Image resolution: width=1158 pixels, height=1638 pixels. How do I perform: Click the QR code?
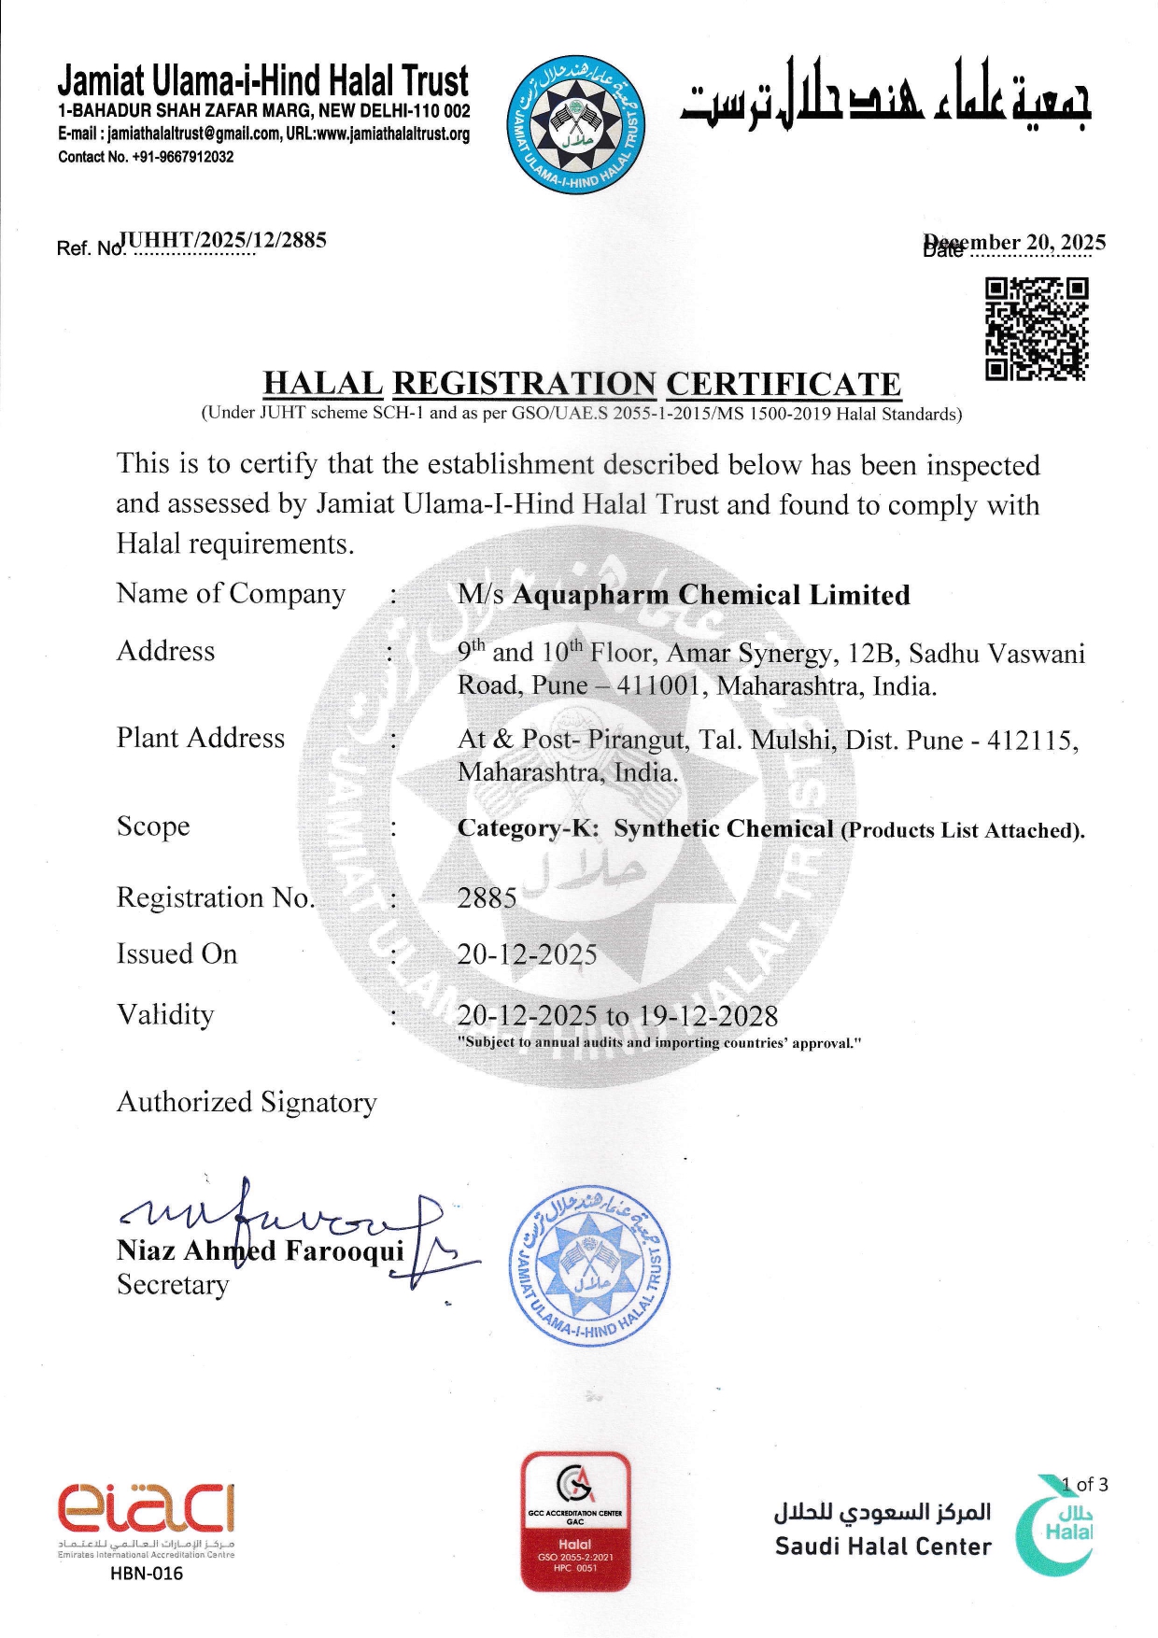pos(1037,330)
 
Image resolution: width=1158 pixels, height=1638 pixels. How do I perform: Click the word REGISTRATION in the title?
pos(524,384)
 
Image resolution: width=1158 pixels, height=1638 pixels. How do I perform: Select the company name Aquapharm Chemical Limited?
pos(711,595)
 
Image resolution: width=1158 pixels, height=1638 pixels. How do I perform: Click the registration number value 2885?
pos(487,898)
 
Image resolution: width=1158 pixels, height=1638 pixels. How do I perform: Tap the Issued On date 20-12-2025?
pos(527,954)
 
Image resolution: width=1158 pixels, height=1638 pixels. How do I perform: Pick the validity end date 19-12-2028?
pos(708,1016)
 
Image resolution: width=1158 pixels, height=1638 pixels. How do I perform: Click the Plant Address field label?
pos(200,738)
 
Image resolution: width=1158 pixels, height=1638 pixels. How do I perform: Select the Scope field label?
pos(153,826)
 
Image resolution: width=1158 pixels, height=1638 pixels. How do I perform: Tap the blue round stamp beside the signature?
pos(590,1265)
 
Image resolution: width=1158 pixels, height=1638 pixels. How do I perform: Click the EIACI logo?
pos(146,1505)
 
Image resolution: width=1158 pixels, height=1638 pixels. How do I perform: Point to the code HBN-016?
pos(146,1573)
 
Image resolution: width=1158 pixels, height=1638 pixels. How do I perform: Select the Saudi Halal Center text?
pos(883,1546)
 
